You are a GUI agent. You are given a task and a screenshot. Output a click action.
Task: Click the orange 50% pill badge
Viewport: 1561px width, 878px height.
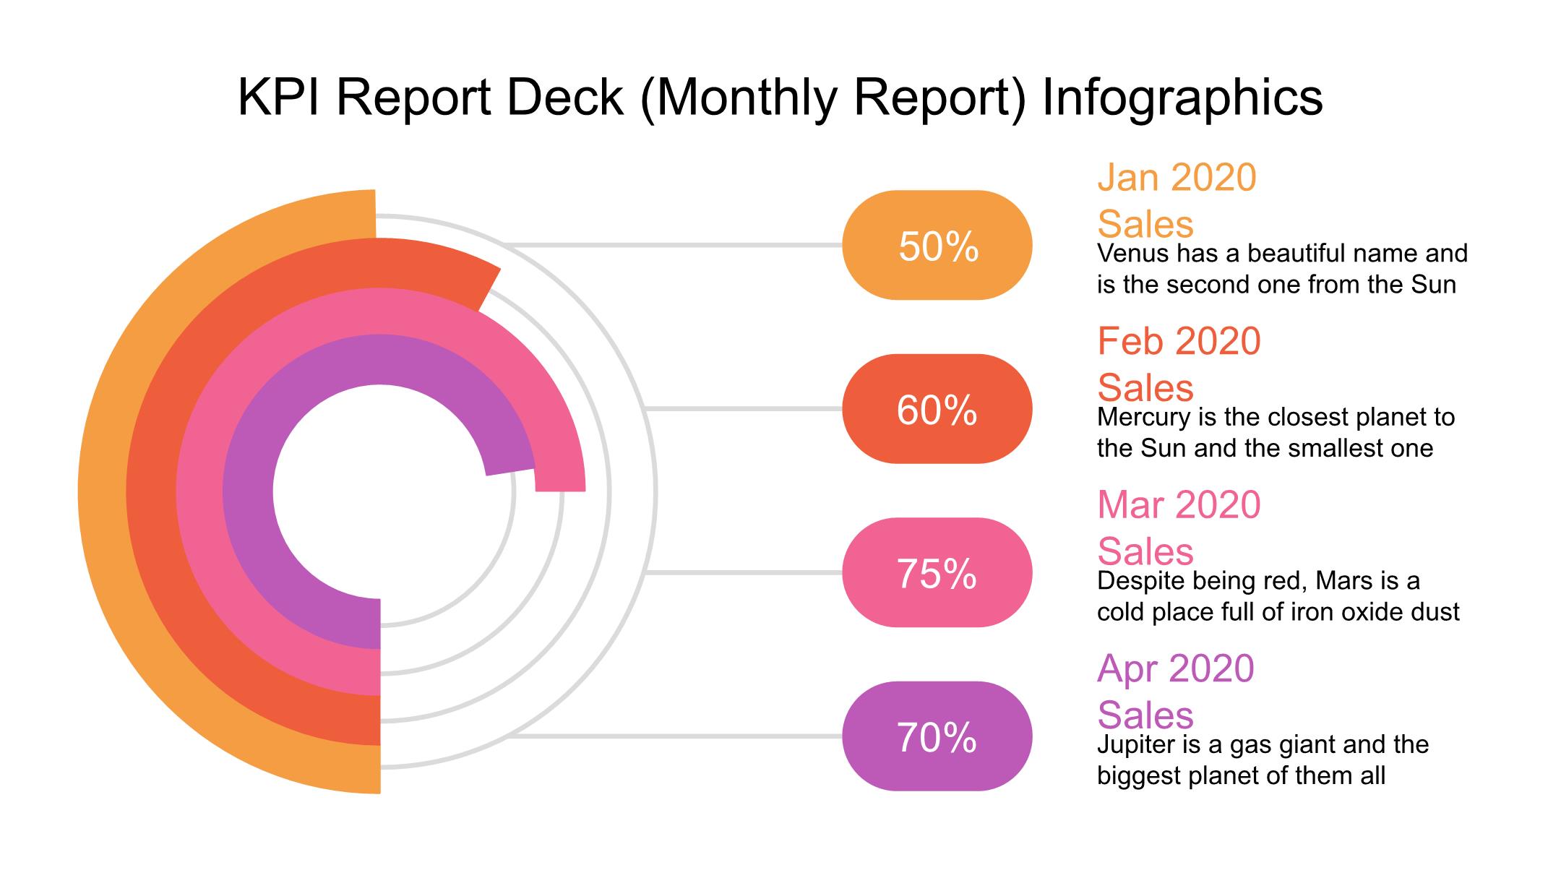[937, 245]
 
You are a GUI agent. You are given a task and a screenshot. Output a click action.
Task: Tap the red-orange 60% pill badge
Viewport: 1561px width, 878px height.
[937, 409]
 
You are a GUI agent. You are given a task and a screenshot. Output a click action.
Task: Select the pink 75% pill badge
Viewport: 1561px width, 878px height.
[937, 573]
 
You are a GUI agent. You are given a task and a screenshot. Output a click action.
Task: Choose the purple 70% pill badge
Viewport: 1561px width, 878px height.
[937, 736]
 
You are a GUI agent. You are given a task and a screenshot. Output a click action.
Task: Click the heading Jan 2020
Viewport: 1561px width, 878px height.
[1177, 178]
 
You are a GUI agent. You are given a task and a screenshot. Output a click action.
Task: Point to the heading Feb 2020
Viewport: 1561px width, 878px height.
[1178, 341]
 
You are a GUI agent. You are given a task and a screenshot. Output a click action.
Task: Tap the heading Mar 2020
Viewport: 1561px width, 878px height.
[1178, 505]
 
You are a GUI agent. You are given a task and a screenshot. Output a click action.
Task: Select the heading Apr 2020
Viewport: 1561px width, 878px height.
[1175, 668]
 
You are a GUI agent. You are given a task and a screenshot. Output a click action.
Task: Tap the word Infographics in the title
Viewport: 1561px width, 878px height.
[1182, 98]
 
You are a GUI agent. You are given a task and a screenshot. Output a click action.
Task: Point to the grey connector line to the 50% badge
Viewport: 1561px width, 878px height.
[672, 245]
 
